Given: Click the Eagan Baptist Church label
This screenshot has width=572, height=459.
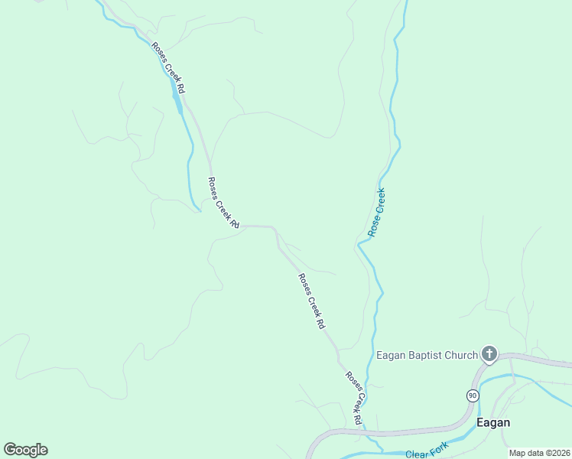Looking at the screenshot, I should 427,355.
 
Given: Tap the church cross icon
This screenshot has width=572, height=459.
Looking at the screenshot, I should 489,354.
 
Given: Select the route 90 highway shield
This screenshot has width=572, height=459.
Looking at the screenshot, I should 473,396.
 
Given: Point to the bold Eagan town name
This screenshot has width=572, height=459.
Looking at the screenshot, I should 493,422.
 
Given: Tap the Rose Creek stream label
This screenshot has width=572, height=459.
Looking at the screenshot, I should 375,212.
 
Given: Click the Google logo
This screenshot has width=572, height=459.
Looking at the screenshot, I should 25,450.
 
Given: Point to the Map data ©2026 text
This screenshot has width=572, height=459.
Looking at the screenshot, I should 538,453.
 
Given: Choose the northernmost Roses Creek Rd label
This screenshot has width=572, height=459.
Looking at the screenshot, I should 168,68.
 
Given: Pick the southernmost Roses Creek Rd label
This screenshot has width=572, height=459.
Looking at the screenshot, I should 353,398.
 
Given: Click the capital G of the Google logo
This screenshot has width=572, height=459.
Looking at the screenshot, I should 10,449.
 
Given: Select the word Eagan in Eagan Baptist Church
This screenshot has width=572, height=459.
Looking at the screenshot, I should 390,355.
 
